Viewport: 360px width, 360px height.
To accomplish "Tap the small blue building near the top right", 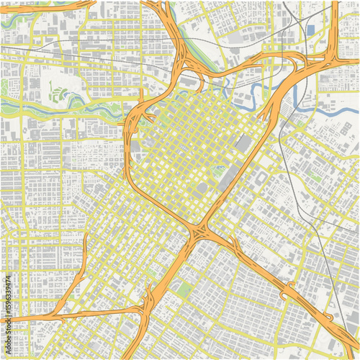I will pos(310,30).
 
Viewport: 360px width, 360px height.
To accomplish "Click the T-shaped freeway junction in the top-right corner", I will pos(333,56).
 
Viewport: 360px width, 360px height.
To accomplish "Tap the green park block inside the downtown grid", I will pos(218,171).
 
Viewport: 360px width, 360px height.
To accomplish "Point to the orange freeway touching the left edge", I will pos(22,318).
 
